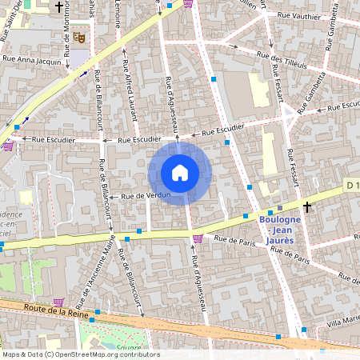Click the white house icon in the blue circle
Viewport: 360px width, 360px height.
(180, 172)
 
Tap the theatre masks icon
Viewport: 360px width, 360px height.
(78, 37)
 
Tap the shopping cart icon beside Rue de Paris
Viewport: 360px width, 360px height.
(198, 238)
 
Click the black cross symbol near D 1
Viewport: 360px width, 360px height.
(306, 207)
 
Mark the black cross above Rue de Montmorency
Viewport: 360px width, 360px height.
(58, 7)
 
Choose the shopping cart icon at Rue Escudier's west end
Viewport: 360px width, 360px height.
(8, 146)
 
